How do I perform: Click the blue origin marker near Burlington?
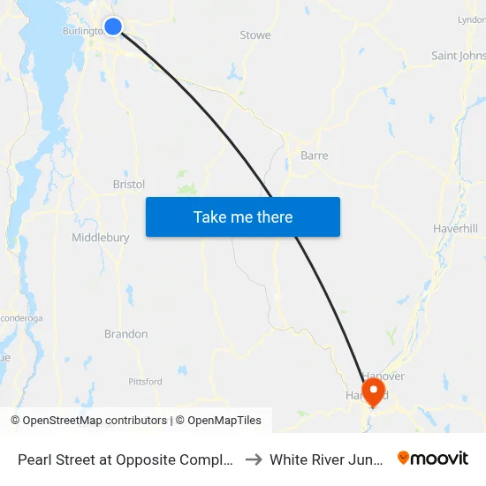113,27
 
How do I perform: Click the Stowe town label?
255,35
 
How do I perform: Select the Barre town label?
315,156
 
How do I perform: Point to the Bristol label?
129,185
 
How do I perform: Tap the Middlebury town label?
101,238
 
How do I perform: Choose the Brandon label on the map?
126,334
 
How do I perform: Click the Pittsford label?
145,382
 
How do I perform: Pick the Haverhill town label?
455,228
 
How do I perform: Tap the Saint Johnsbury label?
458,56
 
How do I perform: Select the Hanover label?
385,376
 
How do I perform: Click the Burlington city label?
83,31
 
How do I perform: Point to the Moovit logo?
433,458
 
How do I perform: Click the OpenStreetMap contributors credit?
95,421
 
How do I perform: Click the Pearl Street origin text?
125,459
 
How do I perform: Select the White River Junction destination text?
328,459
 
